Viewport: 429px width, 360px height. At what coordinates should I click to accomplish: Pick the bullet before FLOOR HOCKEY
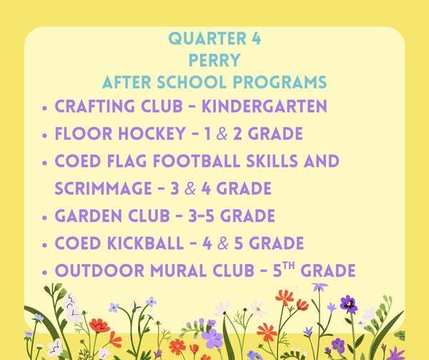[46, 135]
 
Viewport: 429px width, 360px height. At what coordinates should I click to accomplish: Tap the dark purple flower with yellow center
[348, 303]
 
